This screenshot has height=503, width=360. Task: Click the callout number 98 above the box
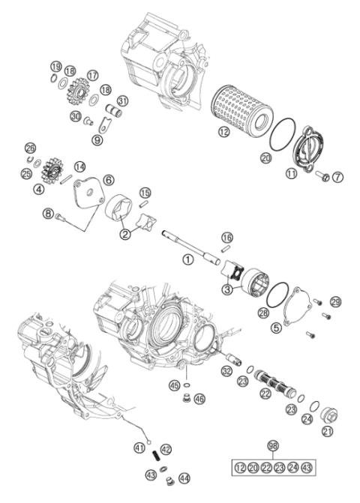coord(273,445)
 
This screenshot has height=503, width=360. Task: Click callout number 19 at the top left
coord(55,68)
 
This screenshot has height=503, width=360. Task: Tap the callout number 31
coord(122,102)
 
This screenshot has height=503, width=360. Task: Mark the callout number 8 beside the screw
coord(49,214)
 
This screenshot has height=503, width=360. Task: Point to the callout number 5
coord(276,327)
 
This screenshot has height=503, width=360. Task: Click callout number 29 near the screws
coord(335,301)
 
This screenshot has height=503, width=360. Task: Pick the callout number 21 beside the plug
coord(327,431)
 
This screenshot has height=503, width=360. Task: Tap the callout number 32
coord(226,371)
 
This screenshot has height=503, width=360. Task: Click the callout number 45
coord(174,386)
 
